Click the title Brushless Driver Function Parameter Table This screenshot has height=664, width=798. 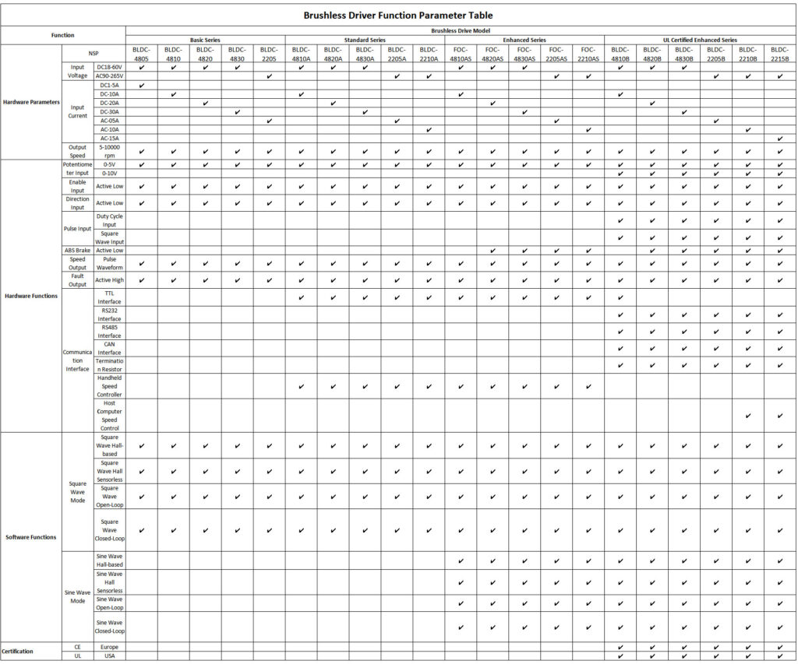[x=398, y=15]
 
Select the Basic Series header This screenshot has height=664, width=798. [x=205, y=40]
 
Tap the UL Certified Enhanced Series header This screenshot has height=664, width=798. [x=701, y=40]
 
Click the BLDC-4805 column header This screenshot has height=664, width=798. [x=141, y=54]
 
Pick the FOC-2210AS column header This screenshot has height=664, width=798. [x=588, y=54]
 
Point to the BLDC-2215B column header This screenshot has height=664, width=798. [x=779, y=54]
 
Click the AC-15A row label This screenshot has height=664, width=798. [x=109, y=138]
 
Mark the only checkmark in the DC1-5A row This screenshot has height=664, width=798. [x=141, y=85]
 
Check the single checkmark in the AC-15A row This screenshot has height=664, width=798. [x=779, y=139]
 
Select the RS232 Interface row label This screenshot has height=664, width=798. [x=109, y=314]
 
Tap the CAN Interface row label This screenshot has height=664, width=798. [x=109, y=348]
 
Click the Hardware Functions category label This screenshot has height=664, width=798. [x=30, y=296]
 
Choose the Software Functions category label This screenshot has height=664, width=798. [x=30, y=537]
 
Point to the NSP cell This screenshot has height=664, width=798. [x=94, y=54]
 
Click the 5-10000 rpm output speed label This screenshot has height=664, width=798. [x=109, y=151]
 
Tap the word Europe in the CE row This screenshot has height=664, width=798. [x=109, y=646]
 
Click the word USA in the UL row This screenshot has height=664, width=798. [x=109, y=655]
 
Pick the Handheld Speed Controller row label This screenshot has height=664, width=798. [x=109, y=386]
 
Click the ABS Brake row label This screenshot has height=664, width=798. [x=77, y=251]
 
